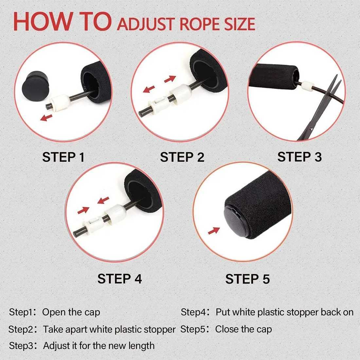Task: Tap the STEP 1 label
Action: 63,157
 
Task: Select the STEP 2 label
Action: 182,157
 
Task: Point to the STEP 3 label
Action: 299,157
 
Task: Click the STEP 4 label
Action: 119,279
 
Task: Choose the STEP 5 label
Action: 247,279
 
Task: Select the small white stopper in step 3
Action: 307,86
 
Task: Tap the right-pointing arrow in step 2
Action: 170,80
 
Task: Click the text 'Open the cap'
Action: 71,312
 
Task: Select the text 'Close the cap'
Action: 243,329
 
